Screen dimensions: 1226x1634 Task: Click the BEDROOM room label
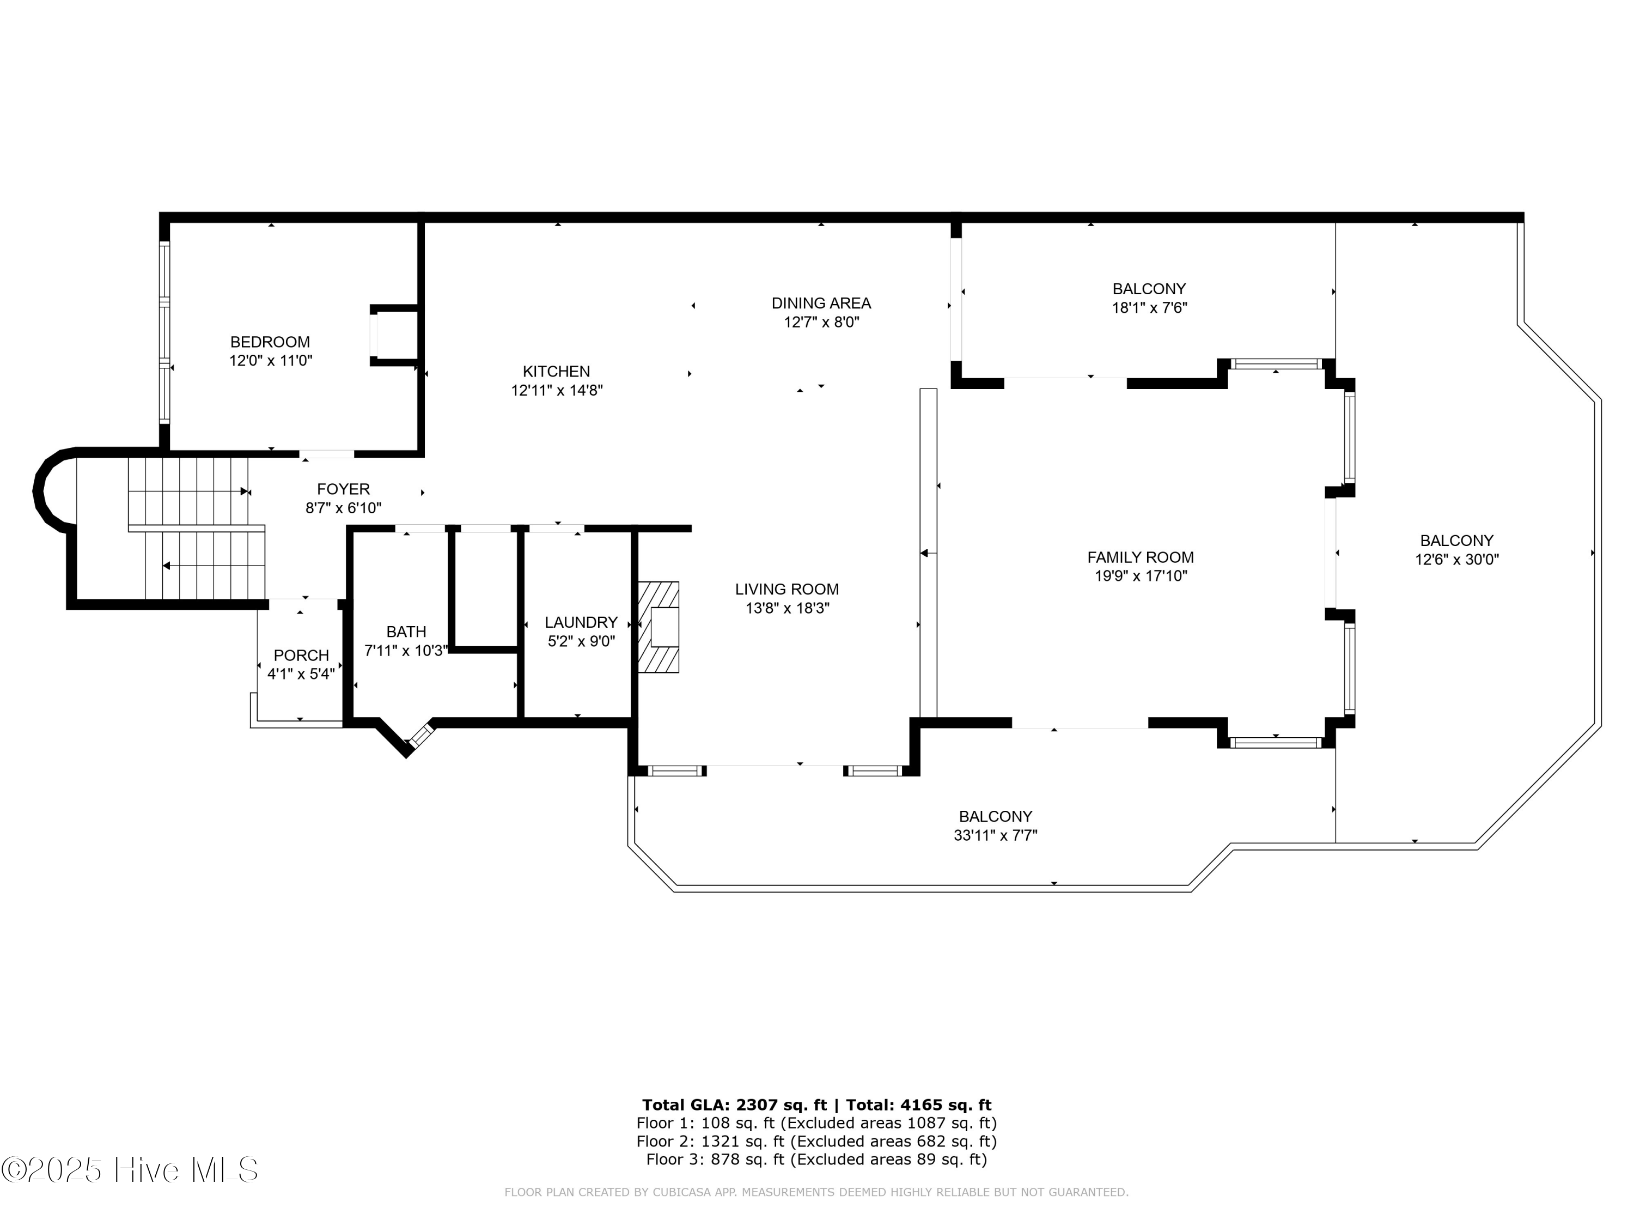coord(270,342)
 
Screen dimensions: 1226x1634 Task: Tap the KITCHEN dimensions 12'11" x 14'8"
coord(557,390)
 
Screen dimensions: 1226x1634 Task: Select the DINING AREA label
coord(821,303)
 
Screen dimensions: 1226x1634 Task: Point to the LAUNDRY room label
coord(581,622)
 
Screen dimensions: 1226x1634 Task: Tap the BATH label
coord(406,632)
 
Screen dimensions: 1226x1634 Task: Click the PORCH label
coord(301,656)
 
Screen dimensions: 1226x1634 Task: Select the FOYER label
coord(343,489)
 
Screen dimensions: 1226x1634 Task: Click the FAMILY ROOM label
coord(1140,557)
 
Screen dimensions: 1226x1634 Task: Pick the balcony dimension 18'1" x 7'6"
coord(1149,307)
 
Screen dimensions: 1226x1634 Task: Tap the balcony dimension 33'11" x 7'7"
coord(995,836)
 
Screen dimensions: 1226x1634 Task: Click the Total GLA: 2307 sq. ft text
coord(734,1105)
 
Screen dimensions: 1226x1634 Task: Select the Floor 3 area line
coord(816,1159)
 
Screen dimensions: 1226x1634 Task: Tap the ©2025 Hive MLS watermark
coord(129,1170)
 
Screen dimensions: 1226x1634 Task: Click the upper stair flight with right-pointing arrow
coord(188,491)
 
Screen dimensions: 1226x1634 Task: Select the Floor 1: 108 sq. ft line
coord(816,1123)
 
